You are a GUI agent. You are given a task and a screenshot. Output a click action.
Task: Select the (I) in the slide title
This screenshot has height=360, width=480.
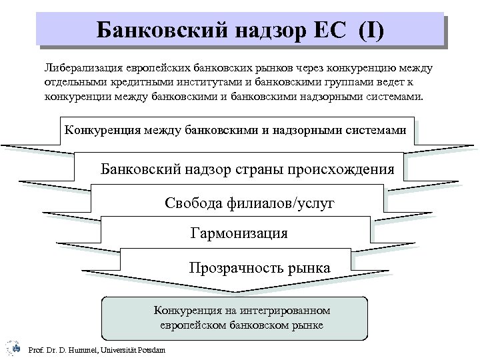[x=370, y=29]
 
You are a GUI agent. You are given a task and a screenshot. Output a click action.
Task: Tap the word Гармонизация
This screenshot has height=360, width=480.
[x=239, y=233]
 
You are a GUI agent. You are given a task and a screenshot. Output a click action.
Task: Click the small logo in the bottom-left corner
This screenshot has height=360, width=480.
[x=10, y=347]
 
